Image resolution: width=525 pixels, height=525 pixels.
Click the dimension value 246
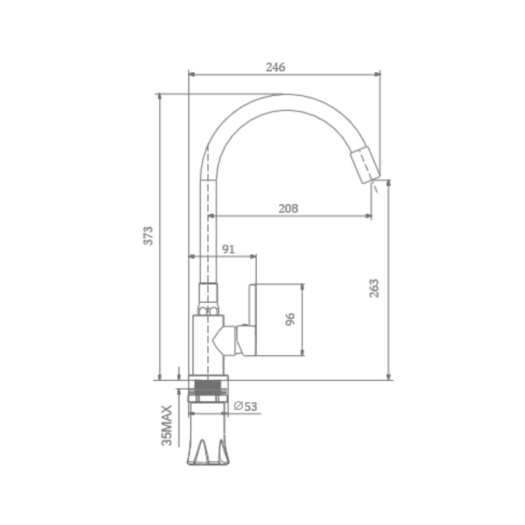click(x=275, y=67)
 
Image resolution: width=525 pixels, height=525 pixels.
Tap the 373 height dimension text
click(x=148, y=236)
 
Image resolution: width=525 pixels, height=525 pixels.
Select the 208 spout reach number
click(x=288, y=209)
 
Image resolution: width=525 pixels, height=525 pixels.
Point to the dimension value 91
click(x=228, y=249)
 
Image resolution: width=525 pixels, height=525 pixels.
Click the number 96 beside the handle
click(x=290, y=319)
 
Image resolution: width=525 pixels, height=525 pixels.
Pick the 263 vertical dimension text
click(x=374, y=288)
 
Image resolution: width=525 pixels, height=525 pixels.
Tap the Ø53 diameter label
click(x=246, y=406)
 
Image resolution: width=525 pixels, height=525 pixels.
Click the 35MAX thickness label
click(x=167, y=426)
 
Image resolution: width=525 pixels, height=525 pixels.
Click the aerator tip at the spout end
click(x=365, y=164)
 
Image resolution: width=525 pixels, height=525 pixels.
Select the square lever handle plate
click(x=253, y=320)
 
